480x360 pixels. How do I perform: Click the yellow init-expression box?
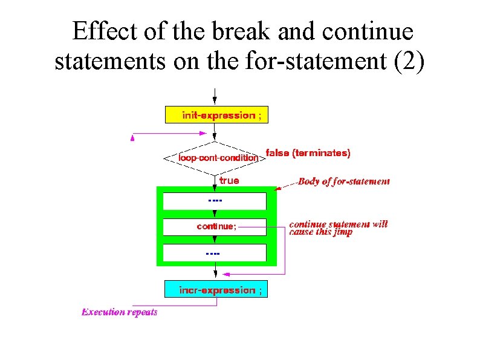pos(216,115)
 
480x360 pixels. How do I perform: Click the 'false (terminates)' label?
pos(308,153)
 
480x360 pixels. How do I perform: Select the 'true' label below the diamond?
pos(229,180)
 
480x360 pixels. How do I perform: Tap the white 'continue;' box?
pos(215,227)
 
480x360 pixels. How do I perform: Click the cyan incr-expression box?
pos(216,290)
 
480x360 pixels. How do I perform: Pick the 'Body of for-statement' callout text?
pos(343,181)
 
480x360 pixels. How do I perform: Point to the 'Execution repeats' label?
pos(120,312)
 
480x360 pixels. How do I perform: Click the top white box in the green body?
pos(215,200)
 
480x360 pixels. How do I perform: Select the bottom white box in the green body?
pos(215,252)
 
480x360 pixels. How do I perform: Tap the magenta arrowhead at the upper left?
pos(133,138)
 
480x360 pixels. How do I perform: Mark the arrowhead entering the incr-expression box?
pos(216,277)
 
